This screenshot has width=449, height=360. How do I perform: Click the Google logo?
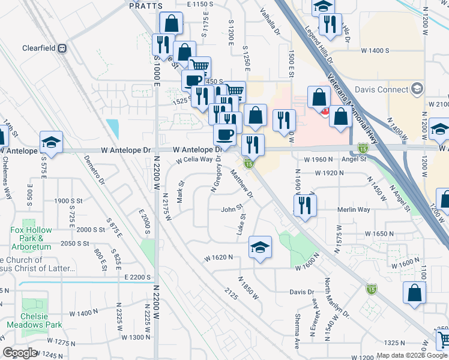pyautogui.click(x=20, y=352)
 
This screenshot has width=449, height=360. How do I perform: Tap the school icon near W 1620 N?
pyautogui.click(x=260, y=247)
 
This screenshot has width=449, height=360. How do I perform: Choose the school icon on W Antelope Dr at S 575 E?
pyautogui.click(x=51, y=143)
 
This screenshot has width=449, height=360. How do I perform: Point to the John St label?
pyautogui.click(x=231, y=209)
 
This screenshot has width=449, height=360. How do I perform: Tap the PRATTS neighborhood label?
pyautogui.click(x=146, y=5)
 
